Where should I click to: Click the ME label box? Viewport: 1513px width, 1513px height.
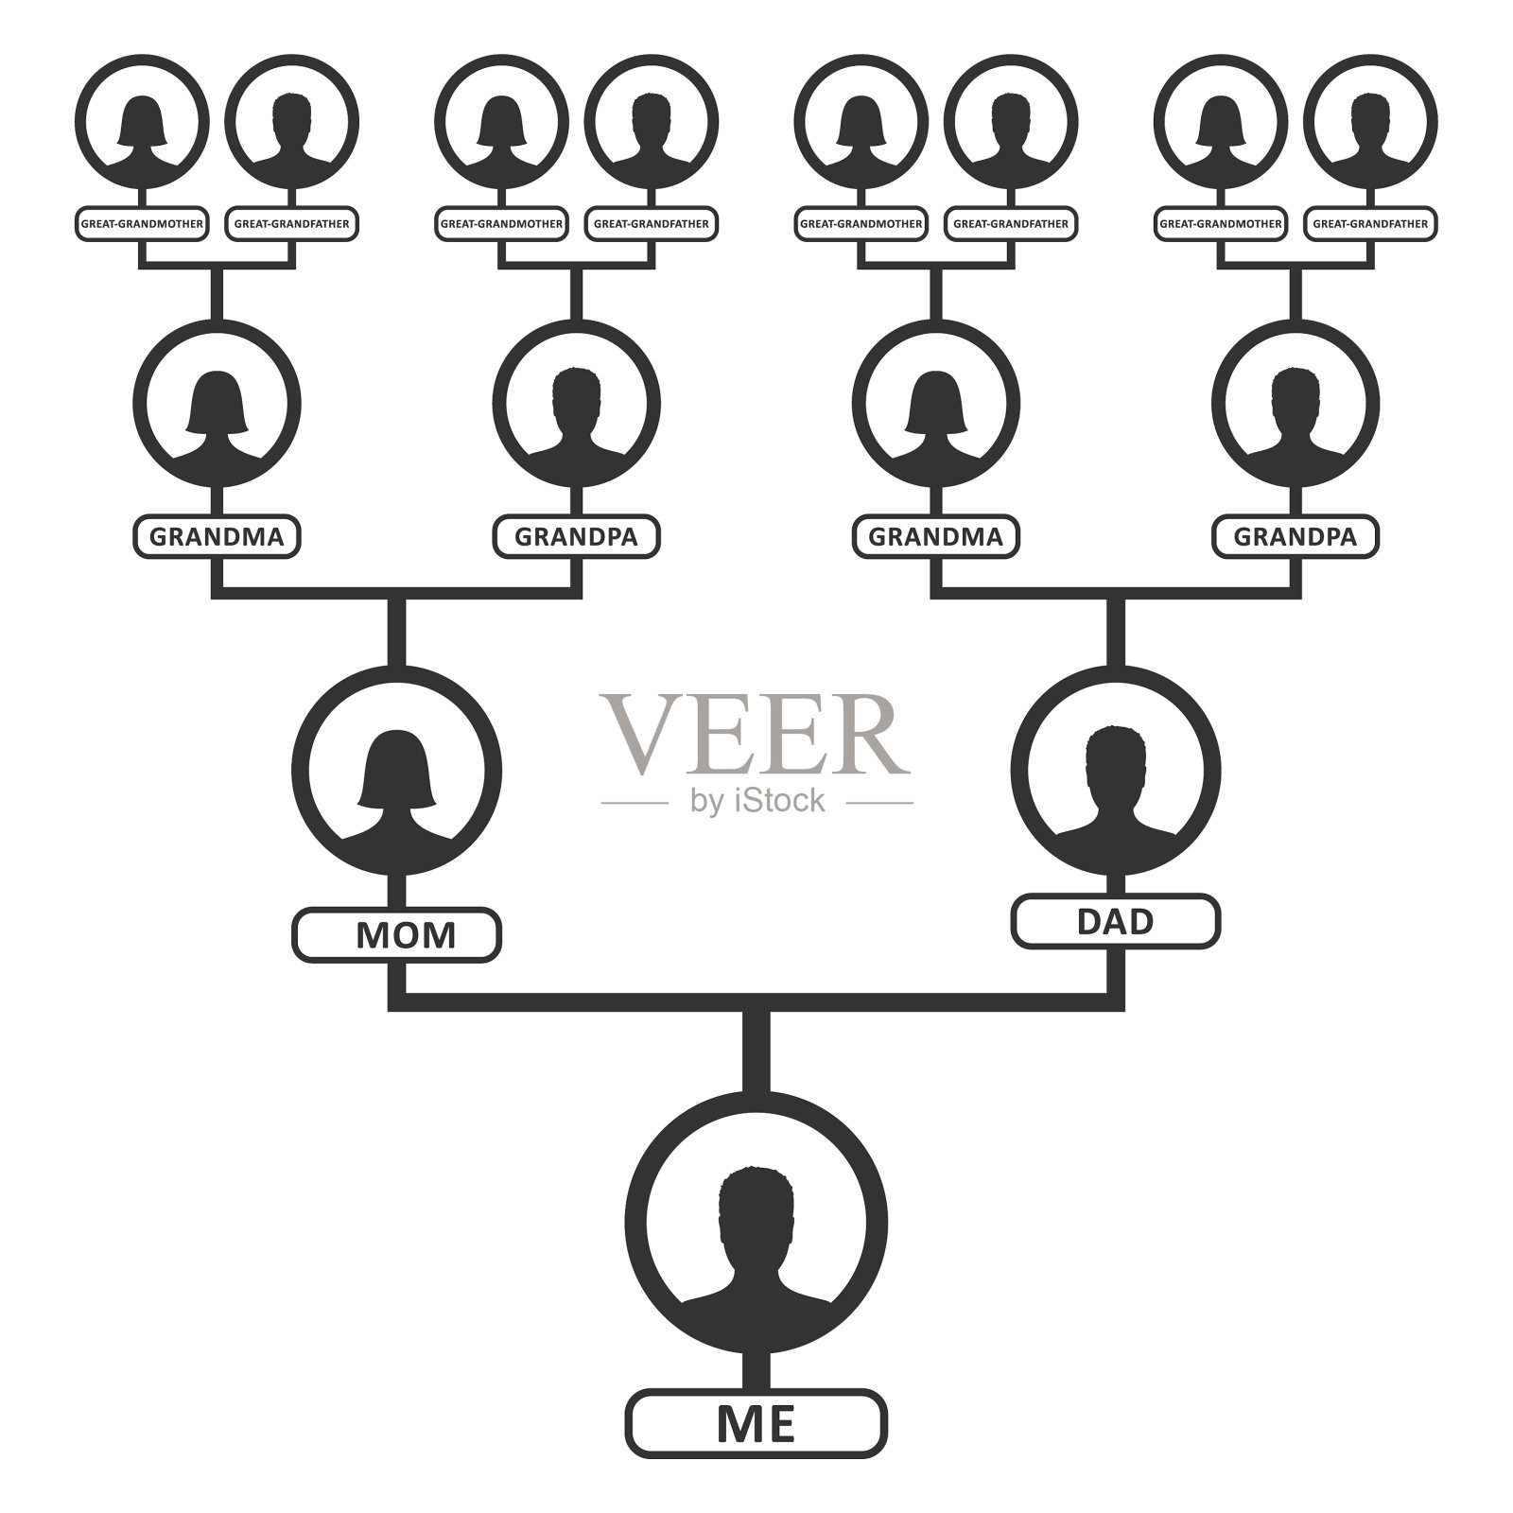[x=756, y=1448]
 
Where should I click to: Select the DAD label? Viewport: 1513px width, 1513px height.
[x=1116, y=921]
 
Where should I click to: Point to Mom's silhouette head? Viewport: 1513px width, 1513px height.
[x=396, y=766]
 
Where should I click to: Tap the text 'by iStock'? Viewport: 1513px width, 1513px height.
[x=757, y=802]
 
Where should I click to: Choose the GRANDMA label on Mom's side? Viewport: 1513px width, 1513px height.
[x=217, y=537]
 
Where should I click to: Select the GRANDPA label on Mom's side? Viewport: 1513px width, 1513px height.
[x=576, y=537]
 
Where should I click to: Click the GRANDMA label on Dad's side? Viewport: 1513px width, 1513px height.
[x=935, y=537]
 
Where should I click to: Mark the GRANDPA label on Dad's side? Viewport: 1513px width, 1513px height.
[x=1295, y=537]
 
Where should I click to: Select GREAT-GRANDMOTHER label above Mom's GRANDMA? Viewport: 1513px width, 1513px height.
[x=142, y=224]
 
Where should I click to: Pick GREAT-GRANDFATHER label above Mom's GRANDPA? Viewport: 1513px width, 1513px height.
[x=652, y=224]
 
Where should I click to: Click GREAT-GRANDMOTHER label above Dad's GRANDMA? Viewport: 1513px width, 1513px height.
[x=861, y=224]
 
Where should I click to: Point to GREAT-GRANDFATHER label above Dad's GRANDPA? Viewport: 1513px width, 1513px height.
[x=1370, y=224]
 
